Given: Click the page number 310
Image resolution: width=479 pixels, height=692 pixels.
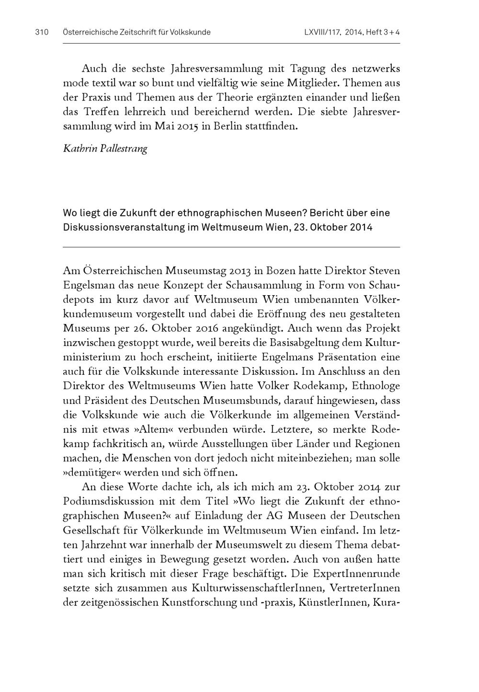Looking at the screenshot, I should coord(42,33).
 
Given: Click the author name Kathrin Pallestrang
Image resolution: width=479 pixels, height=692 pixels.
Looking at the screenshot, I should coord(105,148).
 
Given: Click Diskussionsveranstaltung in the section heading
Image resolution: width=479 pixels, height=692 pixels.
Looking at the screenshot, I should coord(124,227).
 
